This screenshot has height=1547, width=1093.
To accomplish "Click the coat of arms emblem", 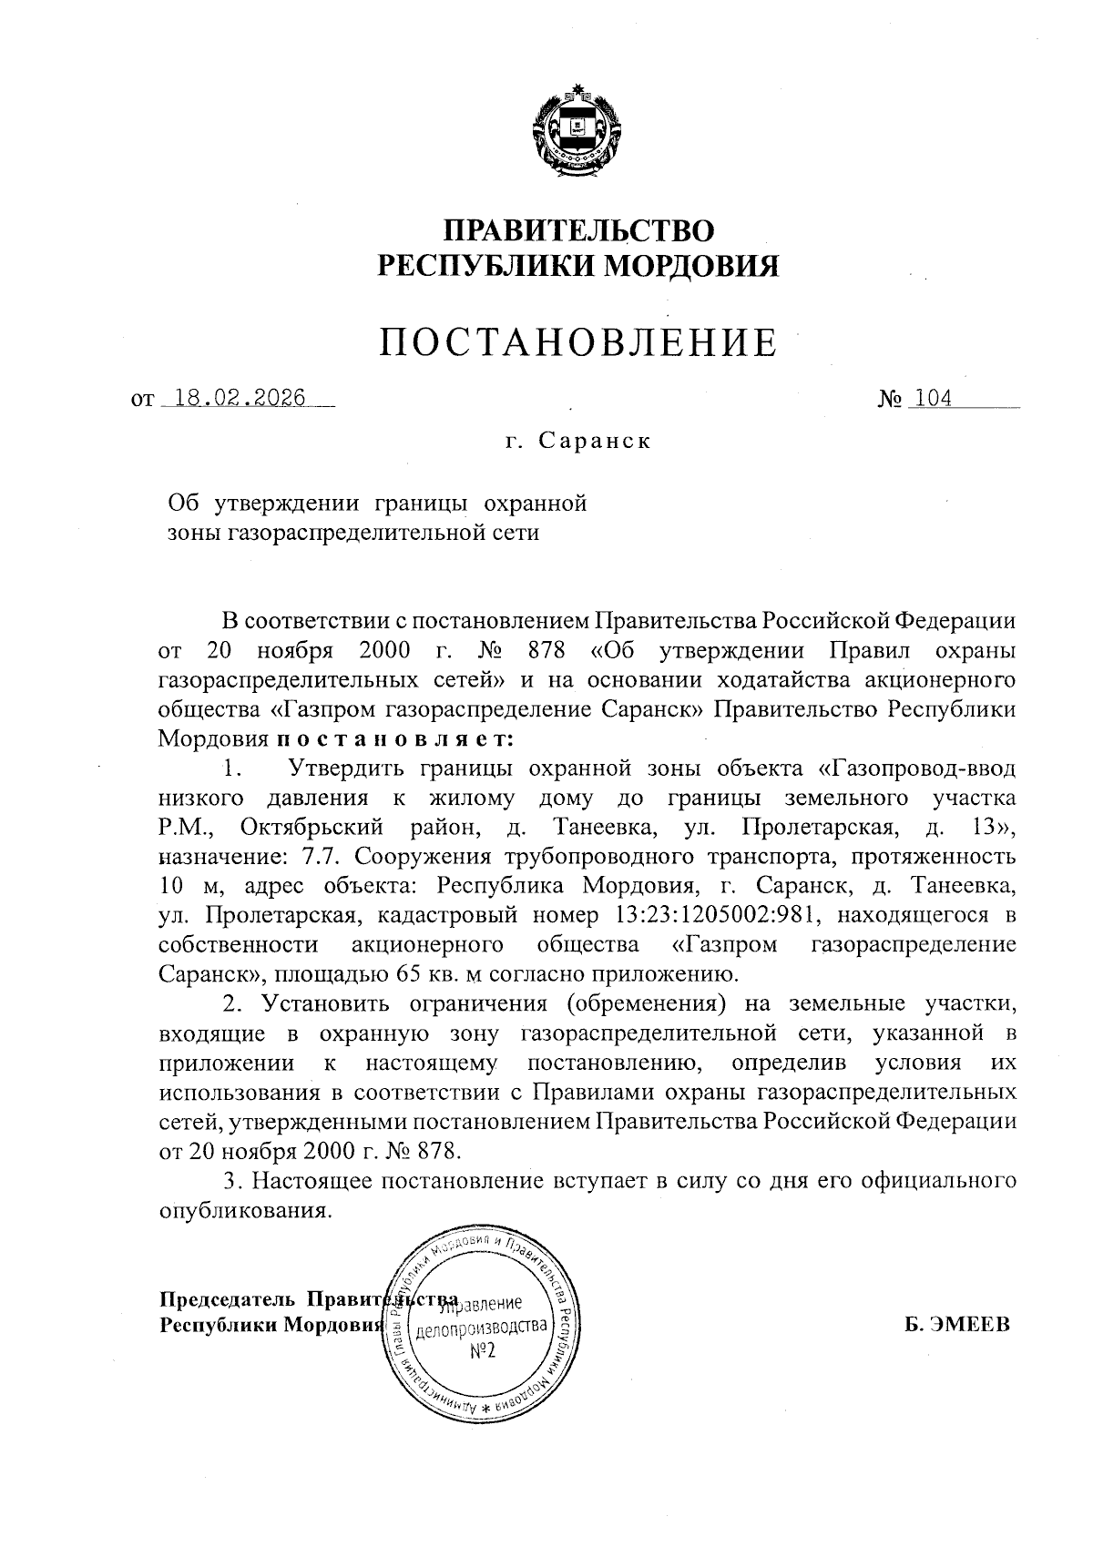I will point(577,134).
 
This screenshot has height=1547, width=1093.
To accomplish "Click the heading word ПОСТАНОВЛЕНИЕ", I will point(579,343).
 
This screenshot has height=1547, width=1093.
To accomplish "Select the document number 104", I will point(934,399).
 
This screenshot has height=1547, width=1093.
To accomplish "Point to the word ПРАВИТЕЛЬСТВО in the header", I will point(578,229).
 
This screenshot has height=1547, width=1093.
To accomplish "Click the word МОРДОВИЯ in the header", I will point(692,265).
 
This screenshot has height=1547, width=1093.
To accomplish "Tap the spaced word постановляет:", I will point(395,738).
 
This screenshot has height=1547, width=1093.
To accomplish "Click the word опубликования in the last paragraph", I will point(242,1213).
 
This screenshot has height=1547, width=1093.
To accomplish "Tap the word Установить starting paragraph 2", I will point(321,1003).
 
